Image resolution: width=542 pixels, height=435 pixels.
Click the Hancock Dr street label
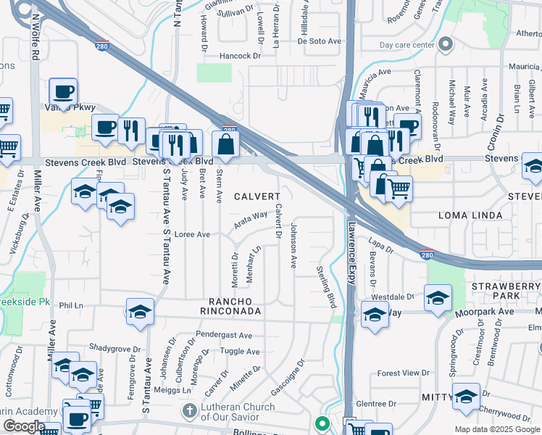click(237, 56)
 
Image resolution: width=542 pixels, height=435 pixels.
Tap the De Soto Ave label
click(319, 42)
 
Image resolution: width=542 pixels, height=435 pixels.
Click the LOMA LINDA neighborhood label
click(470, 216)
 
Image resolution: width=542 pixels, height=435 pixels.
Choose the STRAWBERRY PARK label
click(505, 291)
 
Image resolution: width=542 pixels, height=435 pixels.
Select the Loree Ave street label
click(192, 234)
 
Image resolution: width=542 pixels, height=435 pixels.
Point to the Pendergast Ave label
click(224, 336)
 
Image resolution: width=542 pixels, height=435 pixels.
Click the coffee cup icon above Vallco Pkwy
click(63, 92)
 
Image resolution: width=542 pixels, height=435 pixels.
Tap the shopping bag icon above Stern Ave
click(226, 144)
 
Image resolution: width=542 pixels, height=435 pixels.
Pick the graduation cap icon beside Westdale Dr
click(438, 298)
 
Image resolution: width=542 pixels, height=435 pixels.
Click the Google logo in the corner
click(24, 426)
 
